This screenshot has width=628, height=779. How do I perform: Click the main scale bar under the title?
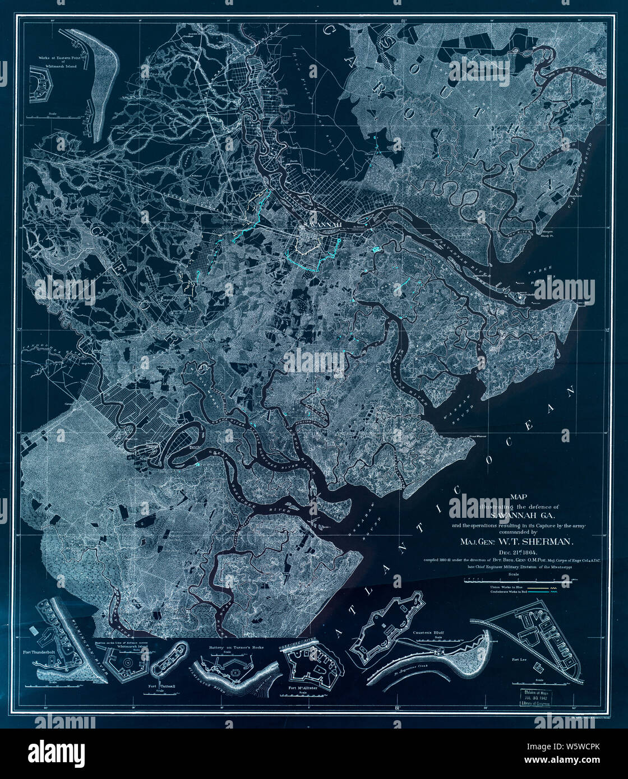pos(512,578)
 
